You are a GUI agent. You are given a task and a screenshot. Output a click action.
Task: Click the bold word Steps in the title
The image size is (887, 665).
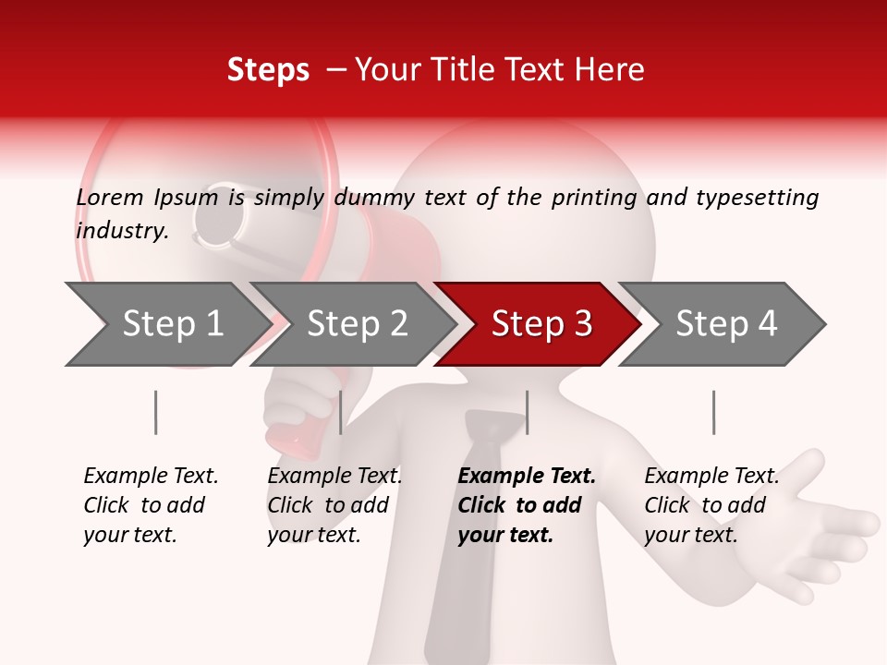click(268, 70)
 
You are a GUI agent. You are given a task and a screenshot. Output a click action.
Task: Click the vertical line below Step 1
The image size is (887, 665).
click(156, 412)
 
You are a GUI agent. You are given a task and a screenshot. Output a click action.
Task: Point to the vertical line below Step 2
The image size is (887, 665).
click(341, 412)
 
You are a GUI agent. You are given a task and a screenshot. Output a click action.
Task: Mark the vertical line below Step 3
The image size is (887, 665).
click(527, 412)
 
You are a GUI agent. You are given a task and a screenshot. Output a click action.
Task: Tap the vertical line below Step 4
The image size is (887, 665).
click(713, 412)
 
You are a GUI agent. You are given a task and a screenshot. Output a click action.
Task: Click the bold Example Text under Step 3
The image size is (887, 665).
click(527, 477)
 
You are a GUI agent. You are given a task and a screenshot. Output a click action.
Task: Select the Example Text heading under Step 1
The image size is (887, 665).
click(151, 477)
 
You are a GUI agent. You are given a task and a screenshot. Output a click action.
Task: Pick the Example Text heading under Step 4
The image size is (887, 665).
click(711, 477)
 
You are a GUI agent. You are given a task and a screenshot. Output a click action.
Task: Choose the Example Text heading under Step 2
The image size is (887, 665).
click(334, 477)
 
